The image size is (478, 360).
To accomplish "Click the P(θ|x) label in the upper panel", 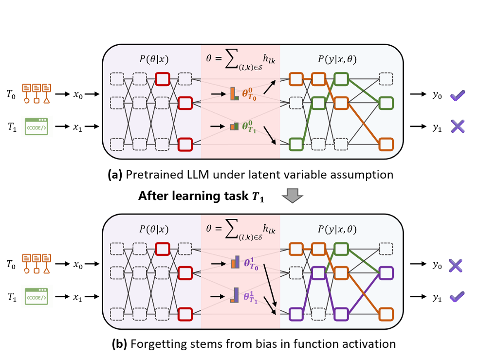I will coord(154,59).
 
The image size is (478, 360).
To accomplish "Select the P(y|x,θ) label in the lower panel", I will coord(337,229).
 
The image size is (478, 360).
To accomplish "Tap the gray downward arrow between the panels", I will coord(293,196).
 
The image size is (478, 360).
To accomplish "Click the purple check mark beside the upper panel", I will coord(458,96).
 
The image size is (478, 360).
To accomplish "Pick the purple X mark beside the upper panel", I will coord(458,126).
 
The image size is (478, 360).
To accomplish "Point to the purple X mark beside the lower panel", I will coord(455,266).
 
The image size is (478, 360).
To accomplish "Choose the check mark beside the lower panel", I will coord(457,296).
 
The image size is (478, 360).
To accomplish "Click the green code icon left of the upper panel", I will coord(37,126).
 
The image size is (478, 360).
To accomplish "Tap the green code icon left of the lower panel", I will coord(37,296).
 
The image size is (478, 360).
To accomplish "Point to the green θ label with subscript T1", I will coord(253,126).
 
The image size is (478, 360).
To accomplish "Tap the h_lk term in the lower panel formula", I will coord(269,229).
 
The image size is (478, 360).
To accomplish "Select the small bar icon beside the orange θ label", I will coord(235,93).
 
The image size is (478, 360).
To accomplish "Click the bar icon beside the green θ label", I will coord(235,126).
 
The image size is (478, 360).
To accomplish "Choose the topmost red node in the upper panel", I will coord(162,79).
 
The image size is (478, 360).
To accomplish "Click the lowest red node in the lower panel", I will coord(185,314).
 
